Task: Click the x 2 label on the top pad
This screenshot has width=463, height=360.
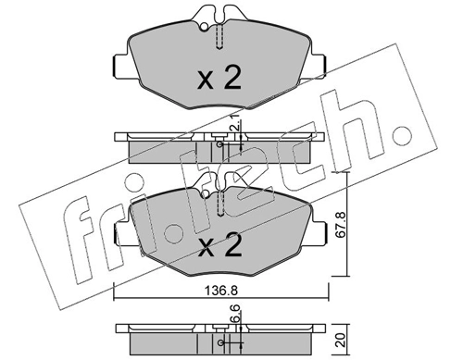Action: click(219, 79)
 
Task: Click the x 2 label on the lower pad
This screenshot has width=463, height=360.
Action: click(219, 246)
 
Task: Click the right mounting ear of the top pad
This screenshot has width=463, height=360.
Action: click(323, 68)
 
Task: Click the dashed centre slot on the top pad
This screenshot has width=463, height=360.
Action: click(219, 37)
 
